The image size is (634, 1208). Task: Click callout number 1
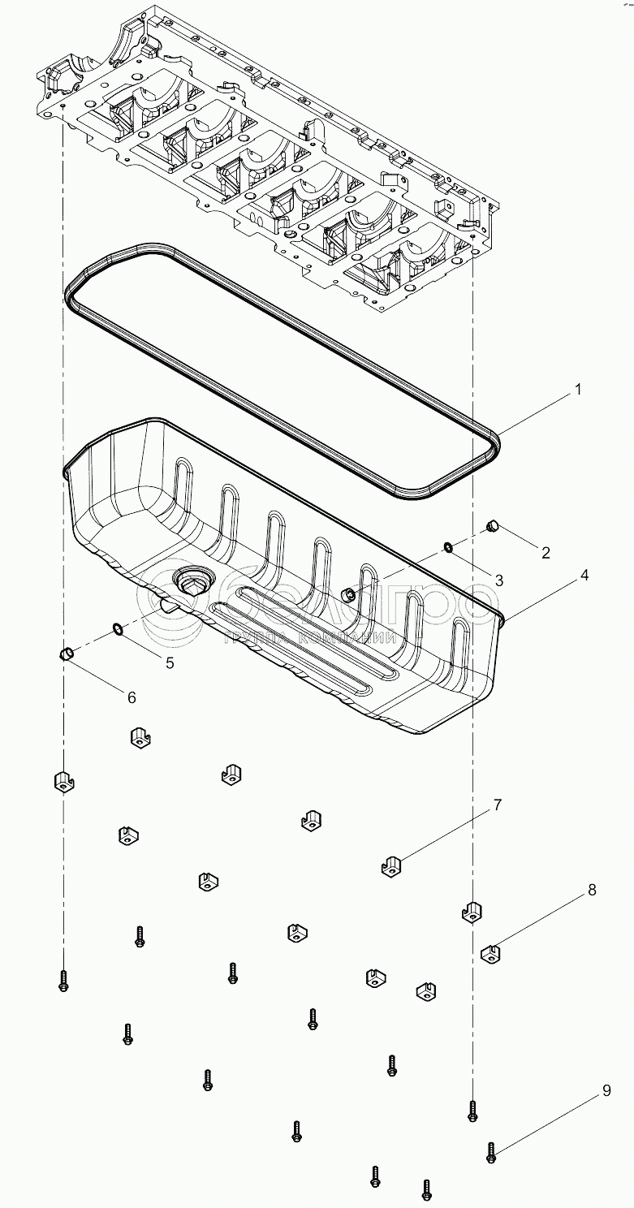coord(577,390)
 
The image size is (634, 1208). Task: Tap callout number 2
coord(546,553)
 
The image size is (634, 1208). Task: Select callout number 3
coord(499,580)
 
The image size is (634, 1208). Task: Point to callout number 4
coord(583,575)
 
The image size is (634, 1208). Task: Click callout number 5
coord(170,662)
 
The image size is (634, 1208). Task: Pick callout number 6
coord(131,697)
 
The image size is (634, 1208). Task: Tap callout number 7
coord(496,805)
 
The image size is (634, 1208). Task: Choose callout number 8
coord(593,891)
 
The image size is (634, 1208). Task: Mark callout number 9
coord(606,1092)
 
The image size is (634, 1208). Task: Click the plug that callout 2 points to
coord(491,528)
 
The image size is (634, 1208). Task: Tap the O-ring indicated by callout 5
coord(118,628)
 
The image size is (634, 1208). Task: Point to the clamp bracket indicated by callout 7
coord(392,866)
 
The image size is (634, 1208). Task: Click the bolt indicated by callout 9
coord(490,1152)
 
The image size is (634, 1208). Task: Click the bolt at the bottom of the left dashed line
coord(63,981)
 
